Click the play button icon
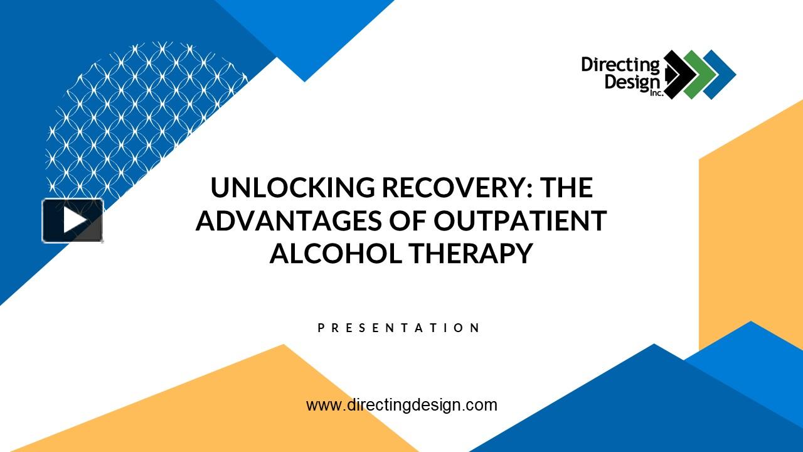click(73, 220)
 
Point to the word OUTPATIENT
click(520, 220)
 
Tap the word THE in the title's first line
click(567, 188)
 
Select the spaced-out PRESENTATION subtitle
click(400, 328)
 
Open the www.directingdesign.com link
click(401, 405)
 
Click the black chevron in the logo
click(677, 75)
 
